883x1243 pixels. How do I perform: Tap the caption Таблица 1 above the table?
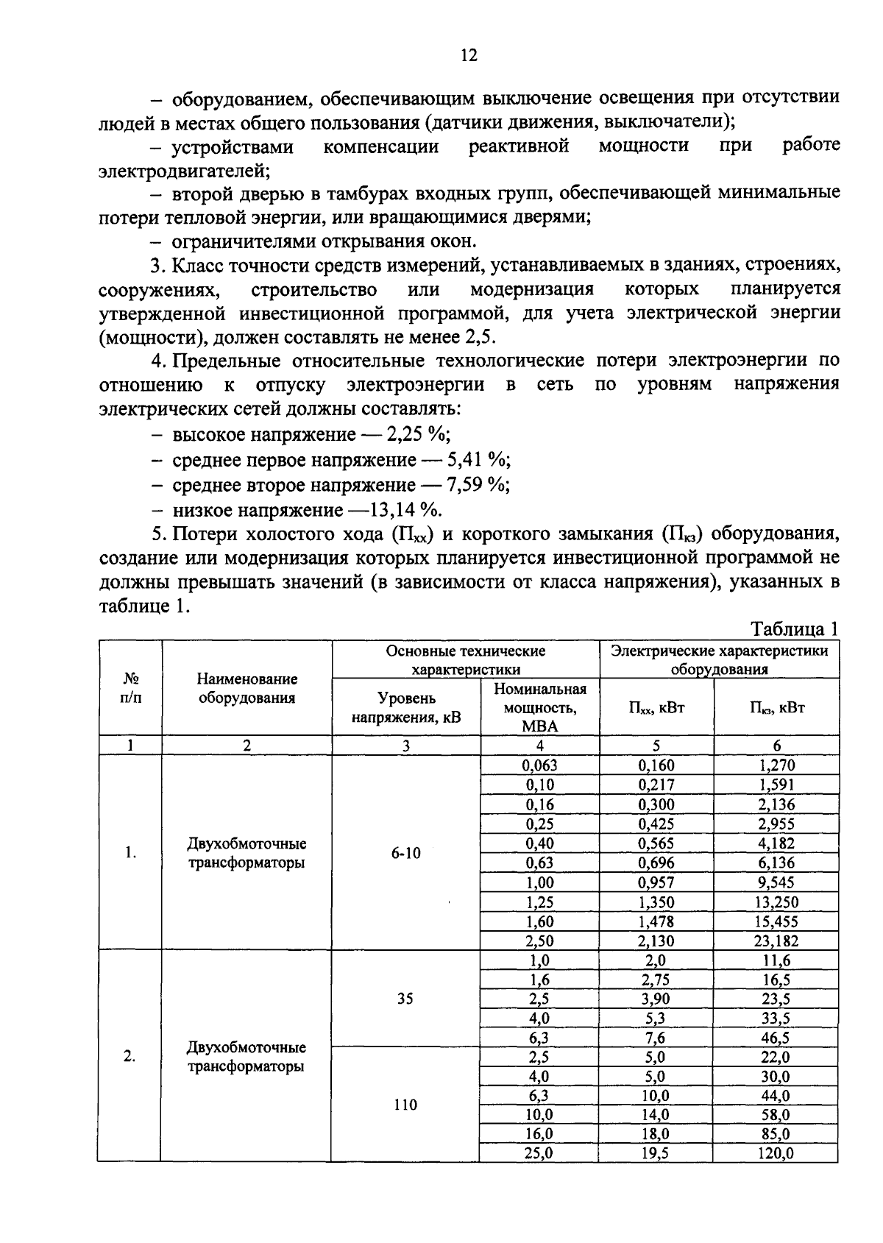coord(793,629)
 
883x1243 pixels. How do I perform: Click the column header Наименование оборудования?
coord(247,688)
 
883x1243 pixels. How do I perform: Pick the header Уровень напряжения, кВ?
coord(405,707)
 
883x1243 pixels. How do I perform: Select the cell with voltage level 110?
coord(405,1105)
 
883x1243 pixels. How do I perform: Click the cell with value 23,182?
coord(776,941)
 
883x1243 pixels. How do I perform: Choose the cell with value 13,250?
coord(776,902)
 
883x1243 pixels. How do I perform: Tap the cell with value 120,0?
coord(776,1154)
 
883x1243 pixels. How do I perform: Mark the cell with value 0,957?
coord(656,882)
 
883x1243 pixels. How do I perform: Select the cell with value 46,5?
coord(776,1038)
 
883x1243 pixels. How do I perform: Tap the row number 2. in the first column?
coord(130,1056)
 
